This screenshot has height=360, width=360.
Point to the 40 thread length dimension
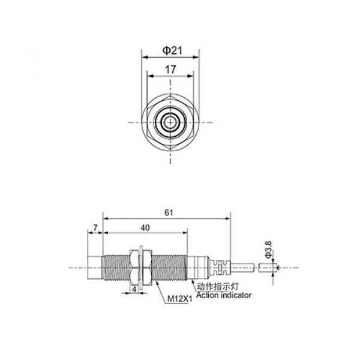pos(145,227)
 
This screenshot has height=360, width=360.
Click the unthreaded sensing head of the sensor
pos(95,268)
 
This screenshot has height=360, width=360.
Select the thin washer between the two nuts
pos(139,268)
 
